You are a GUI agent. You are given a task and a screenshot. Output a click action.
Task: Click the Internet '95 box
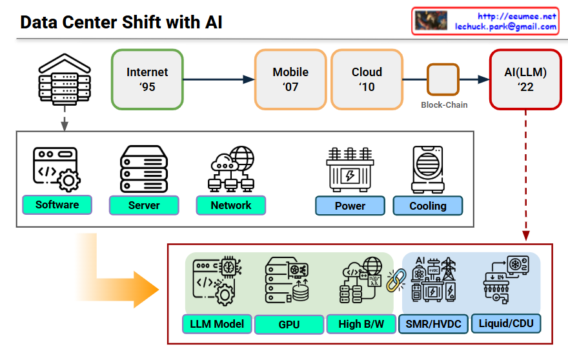click(x=147, y=79)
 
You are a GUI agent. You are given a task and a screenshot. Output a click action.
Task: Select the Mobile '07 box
click(x=290, y=79)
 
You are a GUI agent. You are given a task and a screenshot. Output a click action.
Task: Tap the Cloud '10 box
click(x=367, y=79)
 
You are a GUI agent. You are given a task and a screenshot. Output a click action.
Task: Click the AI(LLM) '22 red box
click(x=525, y=79)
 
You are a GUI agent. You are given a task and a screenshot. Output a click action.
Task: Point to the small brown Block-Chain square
click(x=443, y=79)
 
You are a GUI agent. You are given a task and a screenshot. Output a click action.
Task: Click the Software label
click(x=57, y=205)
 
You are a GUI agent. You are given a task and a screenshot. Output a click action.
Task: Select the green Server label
click(x=144, y=206)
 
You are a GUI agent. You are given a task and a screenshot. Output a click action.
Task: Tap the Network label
click(x=230, y=206)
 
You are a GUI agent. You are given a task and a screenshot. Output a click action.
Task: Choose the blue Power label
click(x=350, y=206)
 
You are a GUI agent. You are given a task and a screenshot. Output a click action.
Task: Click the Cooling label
click(x=428, y=206)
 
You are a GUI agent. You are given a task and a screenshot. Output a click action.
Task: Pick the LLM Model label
click(x=217, y=324)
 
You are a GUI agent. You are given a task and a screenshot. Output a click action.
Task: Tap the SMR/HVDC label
click(x=433, y=324)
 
